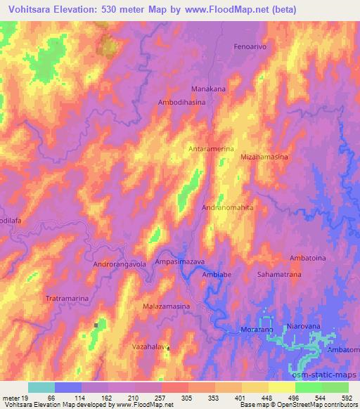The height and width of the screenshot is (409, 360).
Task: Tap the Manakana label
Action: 209,89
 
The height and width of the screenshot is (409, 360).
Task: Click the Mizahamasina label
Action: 264,158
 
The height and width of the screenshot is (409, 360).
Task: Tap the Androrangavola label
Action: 120,264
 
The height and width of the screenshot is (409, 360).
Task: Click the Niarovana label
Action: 304,327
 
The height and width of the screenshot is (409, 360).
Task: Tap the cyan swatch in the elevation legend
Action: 41,387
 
